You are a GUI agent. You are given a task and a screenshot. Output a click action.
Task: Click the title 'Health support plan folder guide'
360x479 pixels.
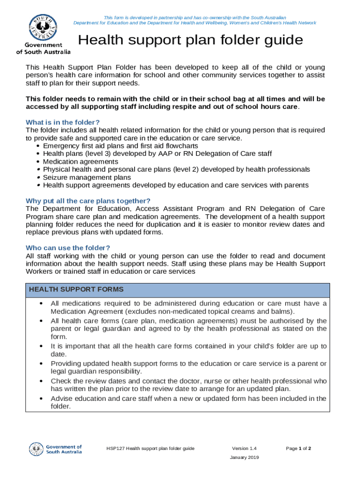point(190,41)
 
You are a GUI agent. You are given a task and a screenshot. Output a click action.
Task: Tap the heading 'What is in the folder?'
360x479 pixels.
point(63,123)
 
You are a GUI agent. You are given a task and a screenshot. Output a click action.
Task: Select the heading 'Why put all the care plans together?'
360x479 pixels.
point(88,201)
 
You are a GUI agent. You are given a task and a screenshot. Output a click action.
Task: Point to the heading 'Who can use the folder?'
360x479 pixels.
point(68,248)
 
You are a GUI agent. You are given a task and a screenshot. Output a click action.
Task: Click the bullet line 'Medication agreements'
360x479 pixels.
point(80,161)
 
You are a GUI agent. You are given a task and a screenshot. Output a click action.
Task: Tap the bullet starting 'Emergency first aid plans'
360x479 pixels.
point(120,146)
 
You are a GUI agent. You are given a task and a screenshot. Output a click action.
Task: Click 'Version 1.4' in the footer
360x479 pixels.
point(244,449)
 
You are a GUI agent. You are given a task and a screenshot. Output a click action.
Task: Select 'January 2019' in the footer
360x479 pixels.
point(244,457)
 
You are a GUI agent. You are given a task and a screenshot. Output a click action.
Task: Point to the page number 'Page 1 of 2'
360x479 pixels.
point(298,449)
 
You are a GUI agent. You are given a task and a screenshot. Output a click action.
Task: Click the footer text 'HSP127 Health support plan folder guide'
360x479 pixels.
point(150,449)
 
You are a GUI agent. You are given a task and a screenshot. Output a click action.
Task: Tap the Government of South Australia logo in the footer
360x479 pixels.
point(56,449)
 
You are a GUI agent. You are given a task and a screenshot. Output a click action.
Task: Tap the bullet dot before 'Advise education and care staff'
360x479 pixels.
point(42,399)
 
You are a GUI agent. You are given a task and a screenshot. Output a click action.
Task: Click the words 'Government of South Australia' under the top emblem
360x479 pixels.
point(43,48)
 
